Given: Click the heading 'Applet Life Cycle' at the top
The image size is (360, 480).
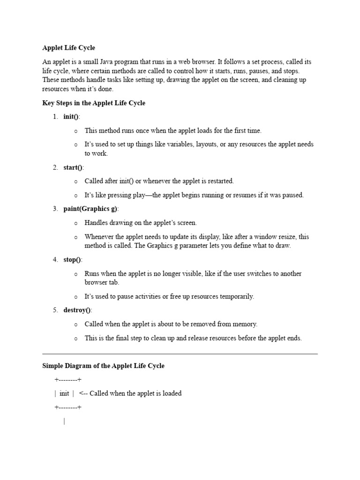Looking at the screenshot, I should (68, 48).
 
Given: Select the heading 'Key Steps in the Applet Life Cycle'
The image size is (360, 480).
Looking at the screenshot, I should (94, 103).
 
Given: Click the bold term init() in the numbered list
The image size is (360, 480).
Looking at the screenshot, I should (71, 117).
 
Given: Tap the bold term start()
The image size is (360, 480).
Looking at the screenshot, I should (73, 167).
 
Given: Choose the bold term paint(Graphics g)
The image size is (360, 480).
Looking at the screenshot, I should (90, 209).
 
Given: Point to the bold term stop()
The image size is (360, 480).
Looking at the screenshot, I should (72, 260).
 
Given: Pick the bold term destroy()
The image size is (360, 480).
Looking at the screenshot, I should (77, 310).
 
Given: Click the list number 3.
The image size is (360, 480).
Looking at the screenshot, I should (55, 209).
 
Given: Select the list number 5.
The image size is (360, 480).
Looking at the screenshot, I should (55, 310).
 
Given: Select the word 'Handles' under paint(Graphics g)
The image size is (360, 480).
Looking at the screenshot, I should (95, 223).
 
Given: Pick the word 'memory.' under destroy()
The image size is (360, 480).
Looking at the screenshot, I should (246, 324).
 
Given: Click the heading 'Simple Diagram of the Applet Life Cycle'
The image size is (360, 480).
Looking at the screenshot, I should (103, 366).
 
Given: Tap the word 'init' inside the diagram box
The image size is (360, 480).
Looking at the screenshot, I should (64, 393).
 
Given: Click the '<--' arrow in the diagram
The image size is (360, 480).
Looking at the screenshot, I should (83, 393).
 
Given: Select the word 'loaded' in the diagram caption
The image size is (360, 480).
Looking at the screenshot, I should (172, 393).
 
